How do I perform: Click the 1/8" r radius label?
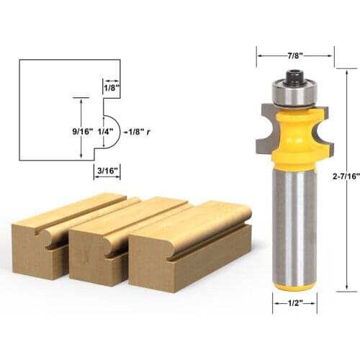pyautogui.click(x=137, y=132)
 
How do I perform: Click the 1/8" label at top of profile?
pyautogui.click(x=111, y=87)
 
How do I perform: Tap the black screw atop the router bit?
pyautogui.click(x=294, y=74)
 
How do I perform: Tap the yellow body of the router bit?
pyautogui.click(x=294, y=133)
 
